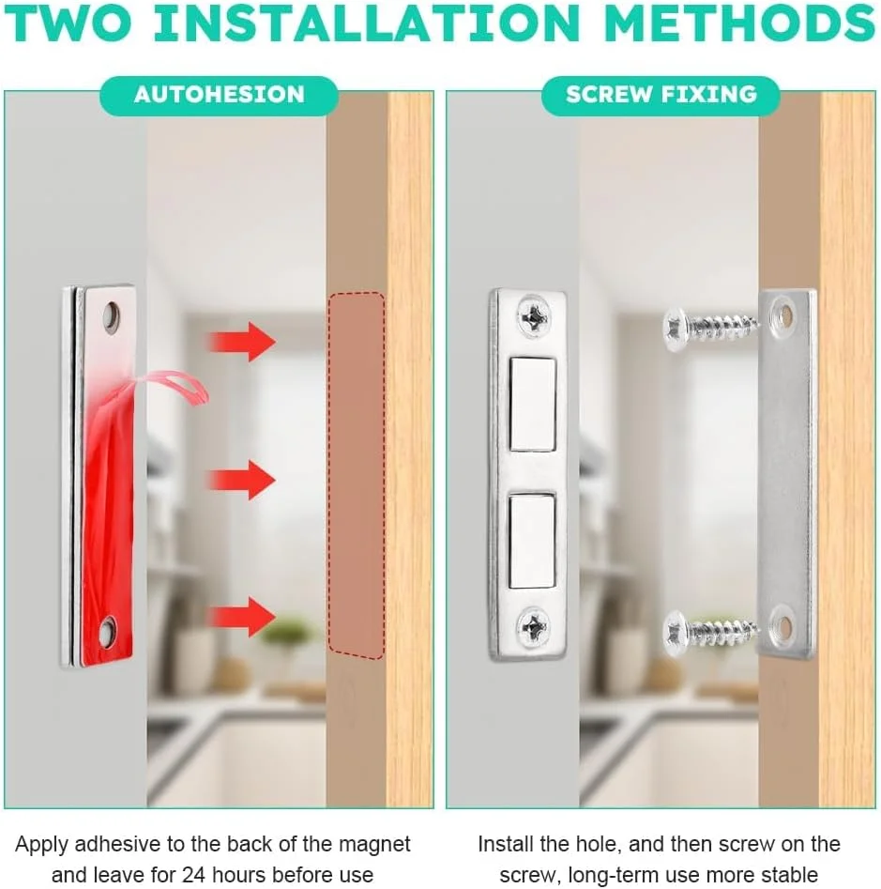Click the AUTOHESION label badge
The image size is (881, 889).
tap(219, 95)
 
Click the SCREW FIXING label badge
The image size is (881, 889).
tap(661, 95)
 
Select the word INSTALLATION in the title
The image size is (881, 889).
tap(367, 23)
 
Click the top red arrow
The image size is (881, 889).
tap(241, 342)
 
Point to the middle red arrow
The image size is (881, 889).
tap(241, 480)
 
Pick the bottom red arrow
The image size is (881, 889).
tap(241, 616)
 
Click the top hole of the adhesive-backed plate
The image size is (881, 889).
tap(111, 314)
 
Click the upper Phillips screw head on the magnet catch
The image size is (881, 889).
tap(533, 316)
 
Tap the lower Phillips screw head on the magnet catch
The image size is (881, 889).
tap(533, 625)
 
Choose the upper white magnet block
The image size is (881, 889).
tap(533, 404)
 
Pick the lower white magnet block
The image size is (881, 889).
tap(532, 542)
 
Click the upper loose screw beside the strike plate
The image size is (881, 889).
tap(710, 327)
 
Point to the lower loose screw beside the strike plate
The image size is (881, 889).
tap(710, 632)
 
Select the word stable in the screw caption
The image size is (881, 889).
tap(789, 874)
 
